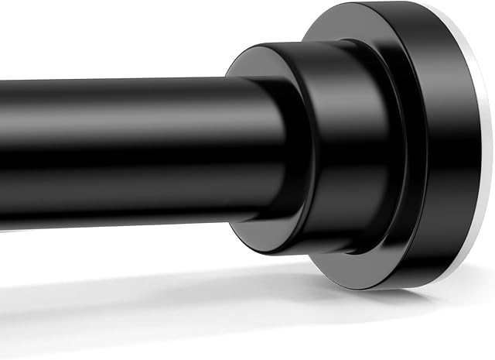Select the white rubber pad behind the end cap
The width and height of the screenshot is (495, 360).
coord(483,155)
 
